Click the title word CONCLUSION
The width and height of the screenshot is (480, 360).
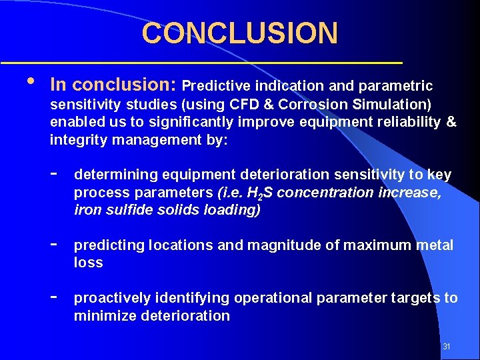click(239, 33)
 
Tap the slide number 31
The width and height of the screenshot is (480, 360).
click(447, 347)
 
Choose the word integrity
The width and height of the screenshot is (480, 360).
click(78, 140)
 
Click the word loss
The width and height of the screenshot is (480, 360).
click(88, 263)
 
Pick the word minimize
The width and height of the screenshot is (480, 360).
click(105, 316)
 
